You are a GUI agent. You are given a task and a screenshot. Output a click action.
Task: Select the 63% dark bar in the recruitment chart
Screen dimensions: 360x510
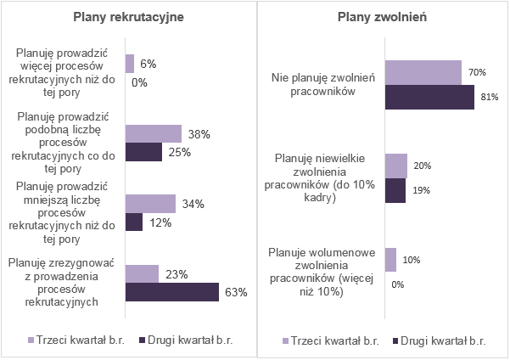[171, 292]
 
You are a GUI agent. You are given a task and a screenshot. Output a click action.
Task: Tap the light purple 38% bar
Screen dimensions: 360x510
[153, 133]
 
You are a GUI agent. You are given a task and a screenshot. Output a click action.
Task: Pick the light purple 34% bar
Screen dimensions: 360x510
[150, 204]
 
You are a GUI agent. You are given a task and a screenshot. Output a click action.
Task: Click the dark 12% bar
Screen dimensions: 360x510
[134, 222]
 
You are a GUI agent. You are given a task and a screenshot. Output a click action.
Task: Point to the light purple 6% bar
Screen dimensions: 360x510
[130, 64]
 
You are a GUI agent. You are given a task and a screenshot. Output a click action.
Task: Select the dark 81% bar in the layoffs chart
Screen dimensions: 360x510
[429, 96]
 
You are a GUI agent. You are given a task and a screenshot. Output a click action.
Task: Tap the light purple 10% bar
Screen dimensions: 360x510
[390, 260]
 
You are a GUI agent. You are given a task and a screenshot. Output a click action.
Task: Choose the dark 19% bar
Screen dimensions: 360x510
[395, 190]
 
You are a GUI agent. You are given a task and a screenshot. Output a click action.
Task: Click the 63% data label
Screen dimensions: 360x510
[235, 293]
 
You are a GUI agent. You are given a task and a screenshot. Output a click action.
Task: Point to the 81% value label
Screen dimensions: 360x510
[487, 97]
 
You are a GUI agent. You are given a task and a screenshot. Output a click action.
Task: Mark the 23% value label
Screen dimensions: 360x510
[176, 274]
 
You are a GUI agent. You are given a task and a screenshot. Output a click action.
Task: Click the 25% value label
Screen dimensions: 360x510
[178, 152]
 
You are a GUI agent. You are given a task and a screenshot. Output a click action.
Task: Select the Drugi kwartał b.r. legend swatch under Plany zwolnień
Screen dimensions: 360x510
[396, 340]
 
